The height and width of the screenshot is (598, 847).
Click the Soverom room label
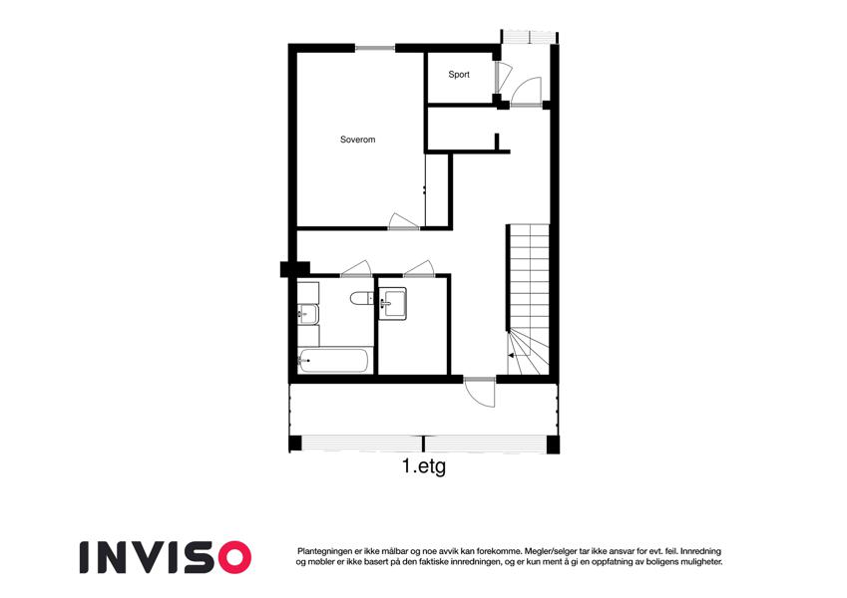[357, 140]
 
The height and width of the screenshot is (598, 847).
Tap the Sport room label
[459, 75]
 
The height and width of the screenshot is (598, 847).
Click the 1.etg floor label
[424, 465]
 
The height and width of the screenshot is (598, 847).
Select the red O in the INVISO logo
[232, 557]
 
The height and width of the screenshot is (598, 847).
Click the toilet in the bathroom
[361, 298]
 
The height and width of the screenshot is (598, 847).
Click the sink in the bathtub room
[308, 314]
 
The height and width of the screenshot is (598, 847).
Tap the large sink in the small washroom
[392, 303]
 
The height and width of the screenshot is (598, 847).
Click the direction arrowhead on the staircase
[511, 355]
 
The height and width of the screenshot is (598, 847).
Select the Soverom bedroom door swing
[402, 221]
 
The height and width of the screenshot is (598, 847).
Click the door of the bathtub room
[355, 268]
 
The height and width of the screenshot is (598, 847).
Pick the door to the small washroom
[419, 268]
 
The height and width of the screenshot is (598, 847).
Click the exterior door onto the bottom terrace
[480, 393]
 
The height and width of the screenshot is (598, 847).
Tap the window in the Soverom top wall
[375, 48]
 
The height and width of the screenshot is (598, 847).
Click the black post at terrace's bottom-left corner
[295, 444]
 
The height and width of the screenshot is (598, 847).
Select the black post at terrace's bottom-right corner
[553, 445]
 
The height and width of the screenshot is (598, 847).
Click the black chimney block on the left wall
[295, 269]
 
